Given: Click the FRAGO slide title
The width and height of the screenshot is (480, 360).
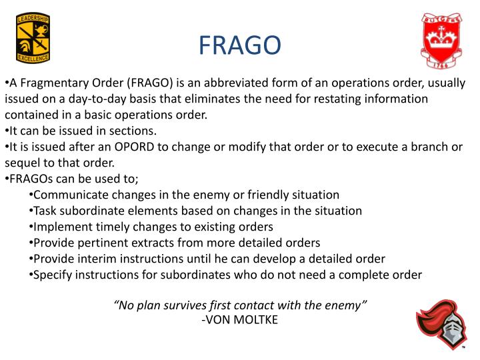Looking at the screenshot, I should (x=240, y=45).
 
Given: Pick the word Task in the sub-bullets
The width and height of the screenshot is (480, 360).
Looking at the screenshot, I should (x=46, y=211).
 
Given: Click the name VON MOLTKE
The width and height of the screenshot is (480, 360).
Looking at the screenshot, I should (x=243, y=319).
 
